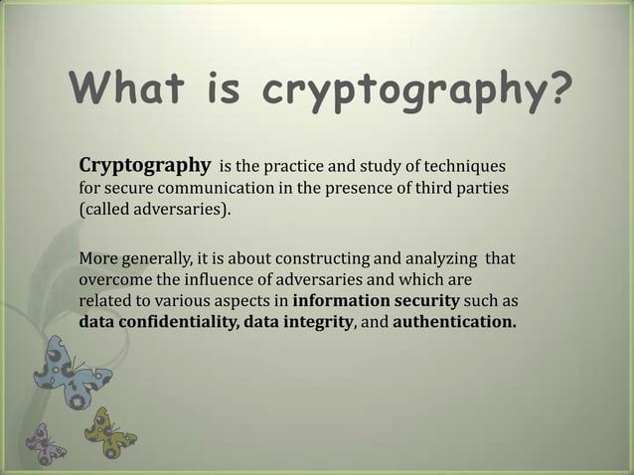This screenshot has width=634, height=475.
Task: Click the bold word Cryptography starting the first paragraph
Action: click(x=144, y=163)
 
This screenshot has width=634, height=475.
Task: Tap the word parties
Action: click(x=480, y=186)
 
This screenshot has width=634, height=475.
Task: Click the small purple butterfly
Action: click(x=45, y=442)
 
